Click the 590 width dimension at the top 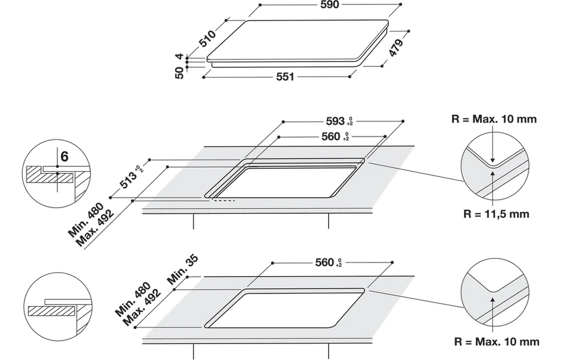point(330,5)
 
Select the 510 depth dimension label point(208,38)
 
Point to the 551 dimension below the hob point(285,77)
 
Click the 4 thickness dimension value point(179,56)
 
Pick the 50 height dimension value point(179,73)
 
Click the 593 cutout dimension point(339,121)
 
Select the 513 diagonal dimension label point(131,177)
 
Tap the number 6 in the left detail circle point(64,156)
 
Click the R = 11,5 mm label point(496,214)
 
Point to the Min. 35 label point(183,269)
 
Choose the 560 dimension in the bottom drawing point(329,263)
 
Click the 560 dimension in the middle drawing point(335,136)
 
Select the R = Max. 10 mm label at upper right point(494,119)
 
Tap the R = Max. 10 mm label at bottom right point(497,341)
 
